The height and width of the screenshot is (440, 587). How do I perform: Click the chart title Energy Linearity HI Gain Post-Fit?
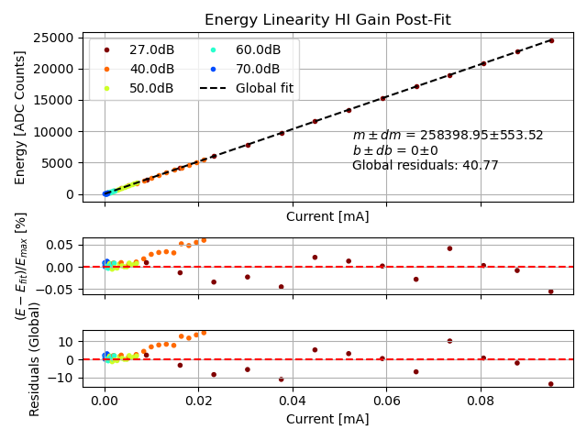point(328,20)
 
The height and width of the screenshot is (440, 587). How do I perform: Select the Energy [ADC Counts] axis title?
point(20,116)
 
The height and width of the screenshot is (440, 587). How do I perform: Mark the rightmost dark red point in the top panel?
point(551,40)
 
